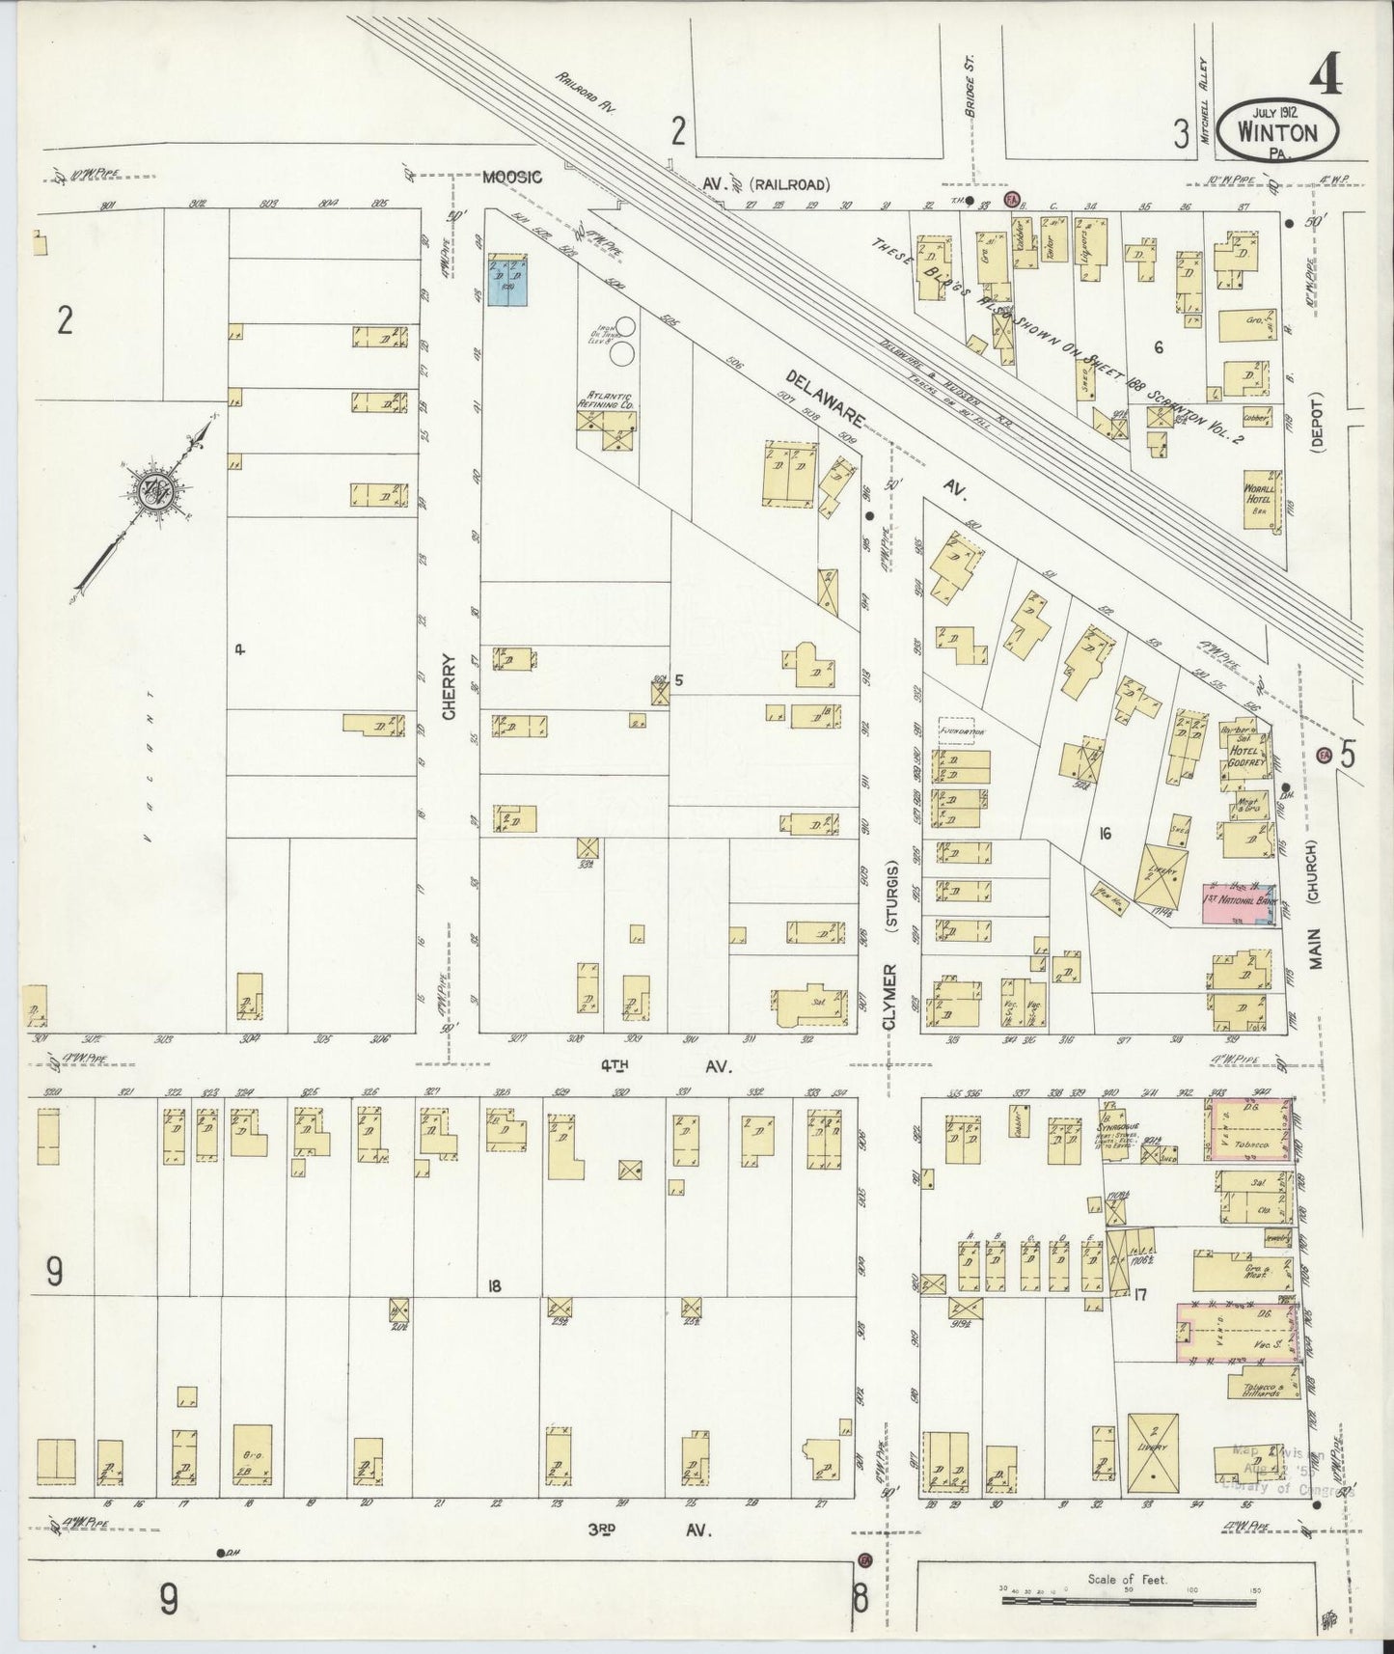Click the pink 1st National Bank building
coord(1243,902)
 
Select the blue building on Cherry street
coord(506,287)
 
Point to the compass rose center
coord(155,492)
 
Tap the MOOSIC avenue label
coord(512,177)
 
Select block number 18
coord(495,1284)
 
